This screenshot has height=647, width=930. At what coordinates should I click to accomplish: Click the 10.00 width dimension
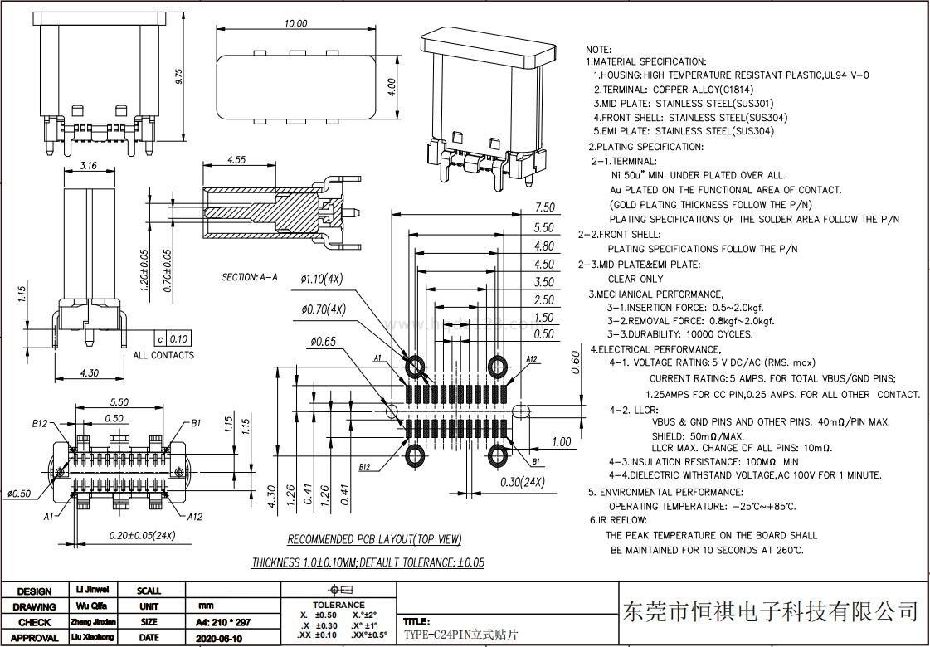coord(295,24)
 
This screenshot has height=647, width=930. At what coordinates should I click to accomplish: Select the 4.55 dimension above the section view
coord(236,160)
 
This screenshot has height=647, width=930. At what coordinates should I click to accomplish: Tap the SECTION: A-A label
coord(249,277)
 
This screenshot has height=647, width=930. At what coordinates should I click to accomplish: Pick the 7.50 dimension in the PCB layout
coord(544,207)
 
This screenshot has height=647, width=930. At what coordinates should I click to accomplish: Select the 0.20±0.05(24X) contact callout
coord(142,535)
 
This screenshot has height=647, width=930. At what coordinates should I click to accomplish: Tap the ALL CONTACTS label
coord(163,355)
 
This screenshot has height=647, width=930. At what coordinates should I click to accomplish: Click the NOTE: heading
coord(598,50)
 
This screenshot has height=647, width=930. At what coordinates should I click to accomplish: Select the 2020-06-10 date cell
coord(219,638)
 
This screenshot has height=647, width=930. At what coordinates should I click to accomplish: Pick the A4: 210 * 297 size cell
coord(222,622)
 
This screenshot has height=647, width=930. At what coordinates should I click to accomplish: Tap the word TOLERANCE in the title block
coord(338,606)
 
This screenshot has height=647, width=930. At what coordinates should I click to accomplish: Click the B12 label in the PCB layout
coord(365,467)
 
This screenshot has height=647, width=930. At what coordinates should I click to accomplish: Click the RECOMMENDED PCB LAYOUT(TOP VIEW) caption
coord(374,540)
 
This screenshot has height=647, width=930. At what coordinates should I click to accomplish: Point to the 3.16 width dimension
coord(88,166)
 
